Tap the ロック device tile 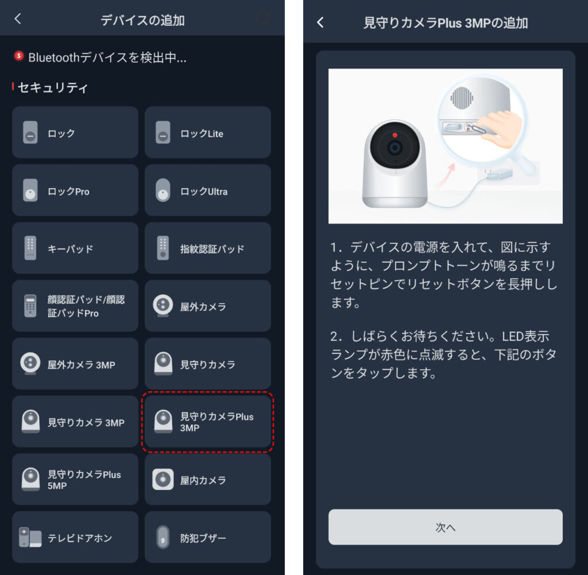coord(75,132)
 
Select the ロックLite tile coord(207,132)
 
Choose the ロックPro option coord(75,190)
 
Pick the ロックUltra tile coord(207,190)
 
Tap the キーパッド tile coord(75,248)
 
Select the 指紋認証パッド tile coord(207,248)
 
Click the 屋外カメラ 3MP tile coord(75,364)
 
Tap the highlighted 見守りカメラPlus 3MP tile coord(207,422)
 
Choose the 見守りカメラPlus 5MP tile coord(75,480)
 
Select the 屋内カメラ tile coord(207,480)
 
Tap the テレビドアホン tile coord(75,538)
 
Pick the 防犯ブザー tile coord(207,538)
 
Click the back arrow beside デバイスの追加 coord(18,19)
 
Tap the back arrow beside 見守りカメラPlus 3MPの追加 coord(320,22)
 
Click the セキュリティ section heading coord(53,87)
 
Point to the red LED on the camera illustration coord(394,135)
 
